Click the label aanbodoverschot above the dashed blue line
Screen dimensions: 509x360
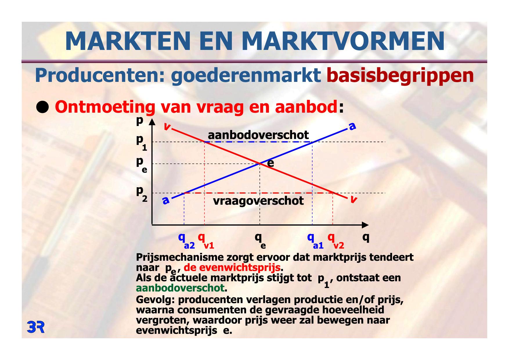tap(258, 135)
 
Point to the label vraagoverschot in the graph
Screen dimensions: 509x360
tap(258, 201)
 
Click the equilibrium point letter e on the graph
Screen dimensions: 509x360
tap(270, 163)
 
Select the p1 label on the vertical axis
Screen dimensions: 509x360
tap(142, 143)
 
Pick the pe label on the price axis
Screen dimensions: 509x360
tap(142, 165)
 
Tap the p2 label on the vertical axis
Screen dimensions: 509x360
tap(142, 194)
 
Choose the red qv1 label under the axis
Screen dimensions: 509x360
tap(206, 241)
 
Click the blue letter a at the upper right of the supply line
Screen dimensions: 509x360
tap(352, 127)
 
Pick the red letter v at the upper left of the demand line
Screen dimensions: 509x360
tap(167, 127)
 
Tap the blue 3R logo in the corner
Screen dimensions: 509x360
tap(36, 327)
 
